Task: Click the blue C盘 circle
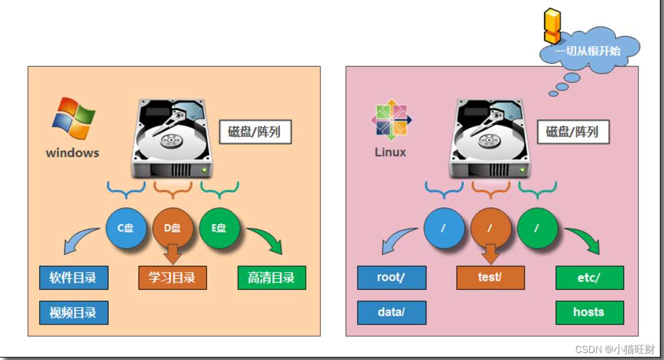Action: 126,228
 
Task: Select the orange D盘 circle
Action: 173,228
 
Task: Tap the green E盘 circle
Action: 219,228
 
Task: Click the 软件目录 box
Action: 74,278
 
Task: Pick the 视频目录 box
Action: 74,313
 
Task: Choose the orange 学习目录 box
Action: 173,278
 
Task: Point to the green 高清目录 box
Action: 272,278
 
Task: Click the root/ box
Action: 392,278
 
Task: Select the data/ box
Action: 392,313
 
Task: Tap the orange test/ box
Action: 491,278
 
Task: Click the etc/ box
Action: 590,278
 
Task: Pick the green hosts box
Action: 590,313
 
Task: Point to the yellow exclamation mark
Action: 551,26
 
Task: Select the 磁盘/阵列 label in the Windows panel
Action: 255,132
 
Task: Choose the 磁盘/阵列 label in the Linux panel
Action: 572,132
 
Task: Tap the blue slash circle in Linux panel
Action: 444,228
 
